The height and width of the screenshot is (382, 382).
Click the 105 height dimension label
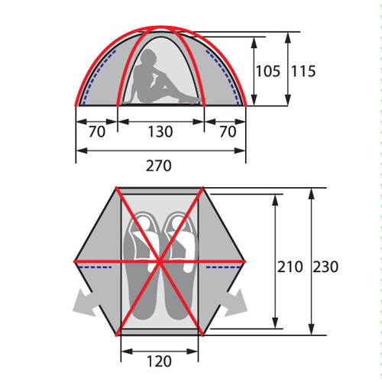click(x=268, y=71)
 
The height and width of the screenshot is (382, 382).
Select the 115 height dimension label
click(x=303, y=71)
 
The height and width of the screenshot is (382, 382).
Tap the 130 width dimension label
click(x=160, y=131)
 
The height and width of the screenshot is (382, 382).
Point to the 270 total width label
click(x=158, y=166)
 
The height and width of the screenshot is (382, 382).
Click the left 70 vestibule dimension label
click(x=97, y=131)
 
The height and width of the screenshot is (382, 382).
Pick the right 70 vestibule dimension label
click(x=228, y=131)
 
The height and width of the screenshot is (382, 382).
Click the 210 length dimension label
click(x=290, y=267)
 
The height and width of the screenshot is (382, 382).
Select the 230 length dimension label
click(x=325, y=267)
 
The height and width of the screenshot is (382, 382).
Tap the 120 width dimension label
click(x=159, y=361)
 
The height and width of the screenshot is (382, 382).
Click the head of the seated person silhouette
click(x=147, y=57)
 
